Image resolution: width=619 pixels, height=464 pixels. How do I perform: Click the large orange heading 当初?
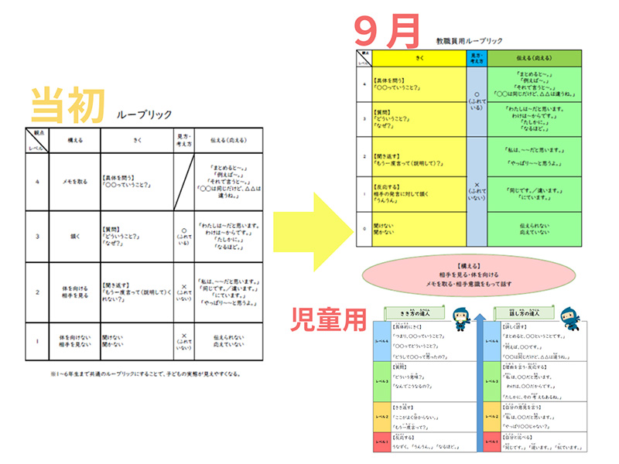(68, 106)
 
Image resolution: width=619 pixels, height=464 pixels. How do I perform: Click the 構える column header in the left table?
(74, 139)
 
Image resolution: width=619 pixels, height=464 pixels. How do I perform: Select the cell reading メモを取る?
(74, 182)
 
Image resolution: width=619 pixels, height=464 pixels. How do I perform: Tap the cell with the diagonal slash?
(183, 182)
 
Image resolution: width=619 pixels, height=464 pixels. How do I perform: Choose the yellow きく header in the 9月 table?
(419, 57)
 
